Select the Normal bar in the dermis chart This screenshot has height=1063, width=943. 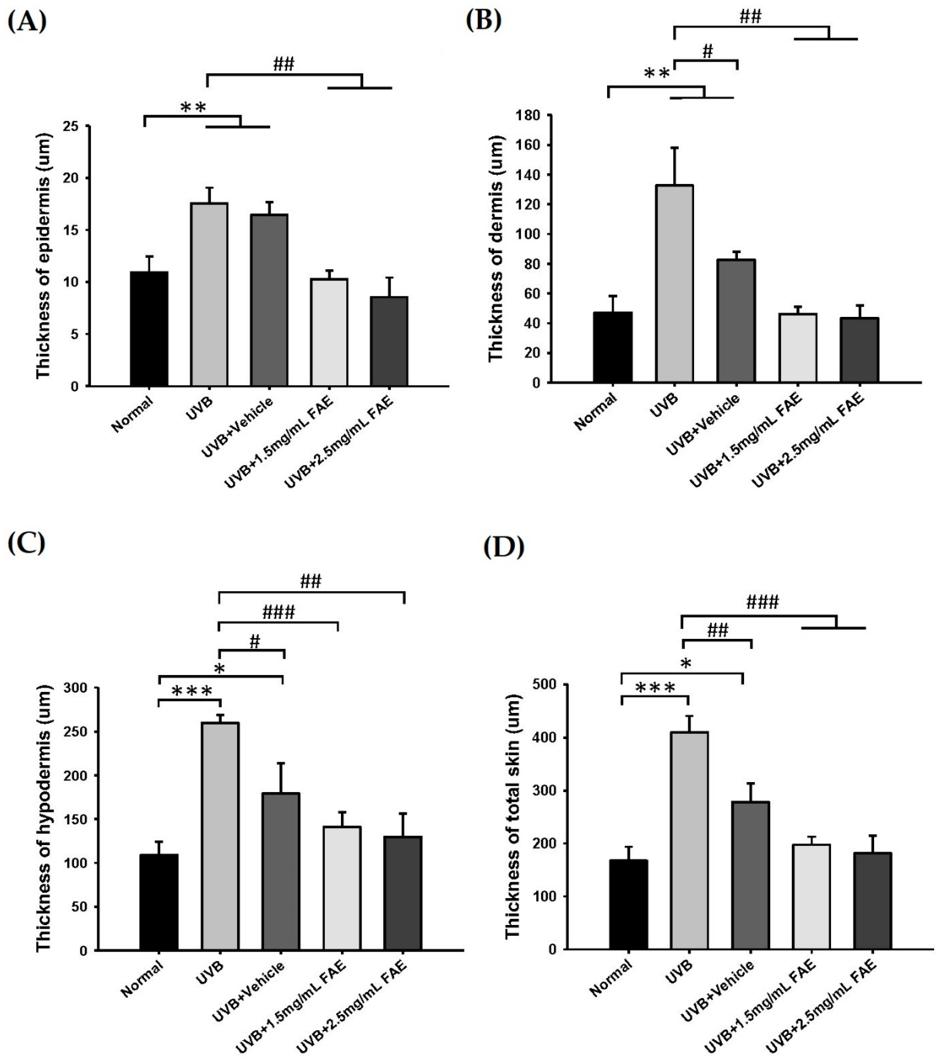(613, 347)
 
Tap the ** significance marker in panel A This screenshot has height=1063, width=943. (193, 108)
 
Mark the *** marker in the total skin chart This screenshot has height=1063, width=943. (655, 688)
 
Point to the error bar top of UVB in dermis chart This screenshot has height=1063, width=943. (675, 148)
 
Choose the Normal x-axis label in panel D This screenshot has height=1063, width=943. (612, 978)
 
